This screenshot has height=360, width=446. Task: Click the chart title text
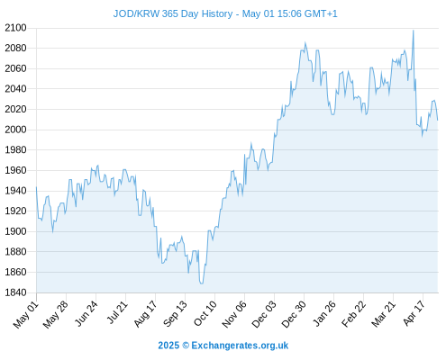coord(225,13)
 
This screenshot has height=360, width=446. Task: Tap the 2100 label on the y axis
coord(15,28)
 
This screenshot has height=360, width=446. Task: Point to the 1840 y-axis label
coord(15,292)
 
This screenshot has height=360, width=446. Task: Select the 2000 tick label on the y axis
coord(15,130)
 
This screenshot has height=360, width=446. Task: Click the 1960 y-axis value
coord(15,170)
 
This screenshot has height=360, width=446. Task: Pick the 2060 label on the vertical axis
coord(15,68)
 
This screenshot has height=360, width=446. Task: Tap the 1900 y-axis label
coord(15,231)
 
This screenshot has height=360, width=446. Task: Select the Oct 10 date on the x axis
coord(205,313)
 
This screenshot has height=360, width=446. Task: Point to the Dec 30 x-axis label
coord(294,314)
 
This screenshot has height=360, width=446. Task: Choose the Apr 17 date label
coord(414,313)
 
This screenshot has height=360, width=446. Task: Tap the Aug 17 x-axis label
coord(145,314)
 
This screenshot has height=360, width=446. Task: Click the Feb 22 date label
coord(354,314)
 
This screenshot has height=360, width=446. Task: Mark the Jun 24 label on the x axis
coord(86,313)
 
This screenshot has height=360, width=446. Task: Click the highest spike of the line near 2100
coord(414,31)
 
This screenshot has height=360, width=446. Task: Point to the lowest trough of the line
coord(201,283)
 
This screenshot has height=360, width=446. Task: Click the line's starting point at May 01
coord(36,187)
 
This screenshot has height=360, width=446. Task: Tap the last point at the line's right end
coord(438,121)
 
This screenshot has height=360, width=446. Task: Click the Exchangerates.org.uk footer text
coord(240,346)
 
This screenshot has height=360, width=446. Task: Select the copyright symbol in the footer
coord(186,346)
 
